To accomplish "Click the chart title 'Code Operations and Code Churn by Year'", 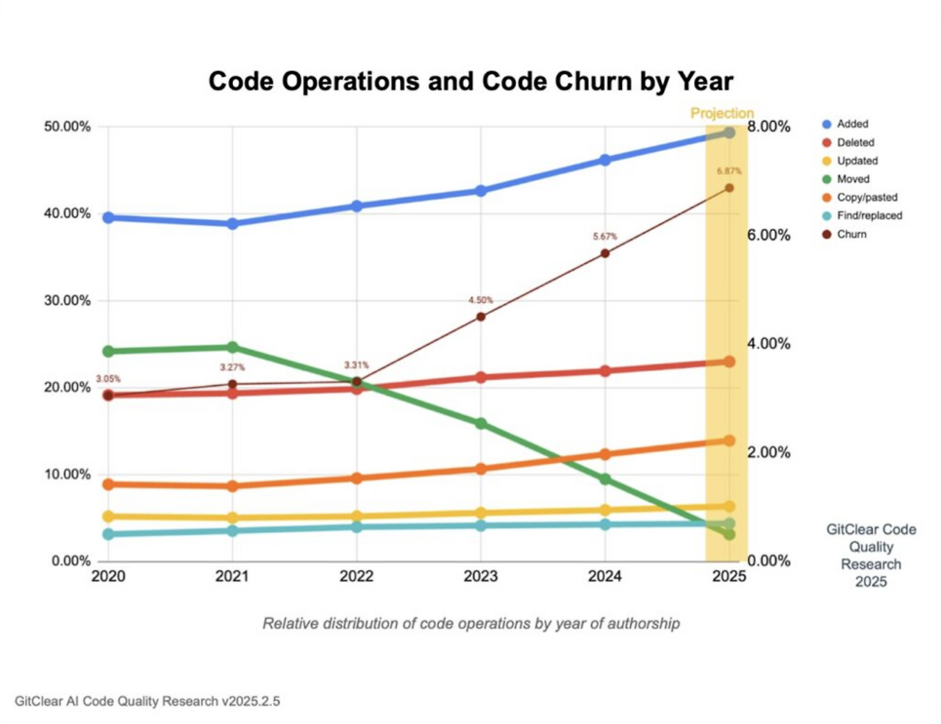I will tap(470, 81).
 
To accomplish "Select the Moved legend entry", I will tap(853, 179).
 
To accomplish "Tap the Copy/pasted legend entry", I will tap(867, 197).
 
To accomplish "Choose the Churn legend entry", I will tap(851, 234).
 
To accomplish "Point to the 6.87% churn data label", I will tap(729, 171).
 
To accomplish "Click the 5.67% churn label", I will tap(605, 237).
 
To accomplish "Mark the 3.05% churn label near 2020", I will tap(108, 379).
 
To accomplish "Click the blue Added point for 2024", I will tap(605, 160).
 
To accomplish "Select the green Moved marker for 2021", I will tap(232, 347).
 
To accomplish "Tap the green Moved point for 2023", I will tap(481, 423).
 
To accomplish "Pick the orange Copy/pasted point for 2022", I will tap(357, 478).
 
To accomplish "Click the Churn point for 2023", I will tap(481, 317).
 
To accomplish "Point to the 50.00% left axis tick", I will tap(67, 126).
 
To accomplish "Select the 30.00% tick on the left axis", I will tap(67, 301).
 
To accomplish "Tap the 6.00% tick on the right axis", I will tap(769, 235).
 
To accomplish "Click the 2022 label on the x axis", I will tap(357, 576).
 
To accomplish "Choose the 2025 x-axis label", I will tap(729, 576).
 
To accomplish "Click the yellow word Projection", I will tap(722, 113).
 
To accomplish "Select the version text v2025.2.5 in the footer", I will tap(251, 701).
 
